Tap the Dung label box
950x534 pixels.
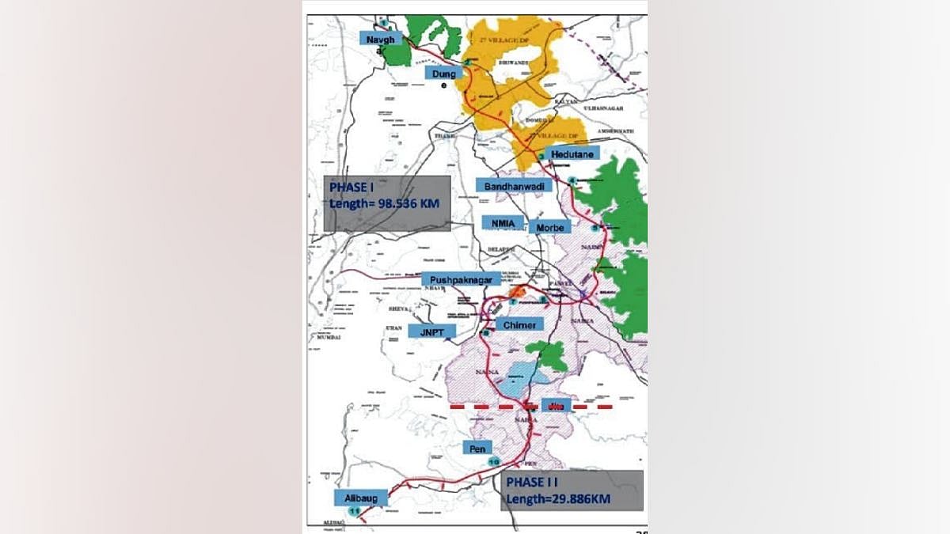[x=441, y=73]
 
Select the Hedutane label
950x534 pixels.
[x=572, y=153]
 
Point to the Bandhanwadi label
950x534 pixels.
[x=514, y=185]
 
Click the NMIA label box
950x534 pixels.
[x=503, y=224]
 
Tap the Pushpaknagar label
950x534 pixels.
[x=461, y=280]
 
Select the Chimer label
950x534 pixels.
[x=519, y=324]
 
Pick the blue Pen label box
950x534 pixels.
[x=477, y=448]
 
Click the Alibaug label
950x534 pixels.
[x=360, y=498]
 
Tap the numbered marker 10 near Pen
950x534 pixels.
[x=494, y=462]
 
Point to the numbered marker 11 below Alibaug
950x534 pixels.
[x=353, y=513]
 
